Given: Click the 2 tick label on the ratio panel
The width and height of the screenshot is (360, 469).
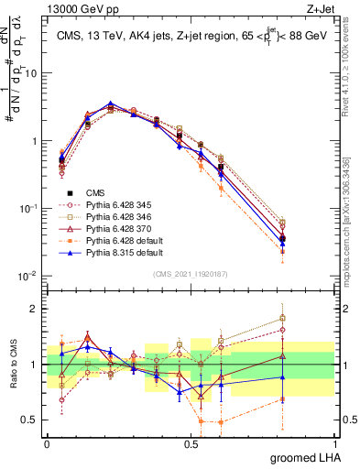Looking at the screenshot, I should [x=37, y=309].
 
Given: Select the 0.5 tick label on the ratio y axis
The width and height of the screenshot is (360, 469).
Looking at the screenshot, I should [x=32, y=421].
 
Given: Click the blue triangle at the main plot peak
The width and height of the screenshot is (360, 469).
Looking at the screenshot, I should [x=111, y=104].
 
